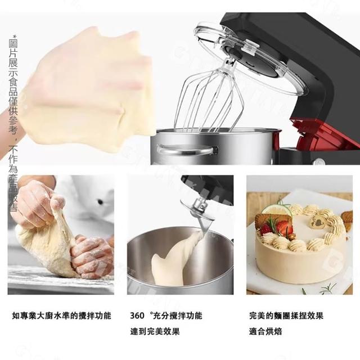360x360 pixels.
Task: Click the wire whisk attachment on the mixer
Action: click(x=208, y=99)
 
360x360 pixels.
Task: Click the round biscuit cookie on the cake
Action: click(x=264, y=220)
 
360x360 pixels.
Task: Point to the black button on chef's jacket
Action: click(x=100, y=202)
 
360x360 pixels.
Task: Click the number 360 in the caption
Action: click(x=137, y=316)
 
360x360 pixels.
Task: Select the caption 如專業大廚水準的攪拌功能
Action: click(x=61, y=316)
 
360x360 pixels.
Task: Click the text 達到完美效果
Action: click(x=155, y=331)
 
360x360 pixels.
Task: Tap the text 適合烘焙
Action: click(x=265, y=331)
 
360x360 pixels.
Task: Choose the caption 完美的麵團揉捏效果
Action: click(x=286, y=316)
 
